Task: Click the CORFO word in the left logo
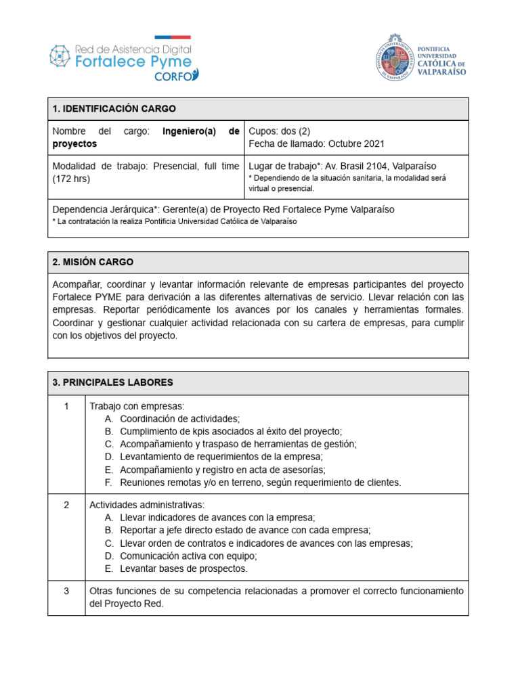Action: click(x=173, y=76)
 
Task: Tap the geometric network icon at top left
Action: click(x=60, y=55)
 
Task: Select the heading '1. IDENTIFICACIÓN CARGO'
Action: click(x=114, y=109)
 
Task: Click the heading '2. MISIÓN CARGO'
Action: click(x=93, y=262)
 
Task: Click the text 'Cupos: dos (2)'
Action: click(x=280, y=131)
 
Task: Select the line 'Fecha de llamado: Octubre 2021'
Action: click(x=316, y=143)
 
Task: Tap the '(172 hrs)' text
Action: click(x=70, y=179)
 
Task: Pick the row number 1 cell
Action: click(x=66, y=406)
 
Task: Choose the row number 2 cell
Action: click(x=66, y=505)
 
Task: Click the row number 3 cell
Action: click(x=66, y=591)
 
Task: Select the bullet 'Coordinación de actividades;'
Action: click(x=179, y=419)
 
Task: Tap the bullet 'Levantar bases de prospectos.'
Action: click(x=183, y=568)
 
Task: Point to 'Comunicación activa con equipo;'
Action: click(x=188, y=556)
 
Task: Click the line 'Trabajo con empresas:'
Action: click(x=137, y=406)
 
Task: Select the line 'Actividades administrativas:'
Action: click(x=147, y=505)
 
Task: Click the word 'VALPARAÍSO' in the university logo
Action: click(x=441, y=72)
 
